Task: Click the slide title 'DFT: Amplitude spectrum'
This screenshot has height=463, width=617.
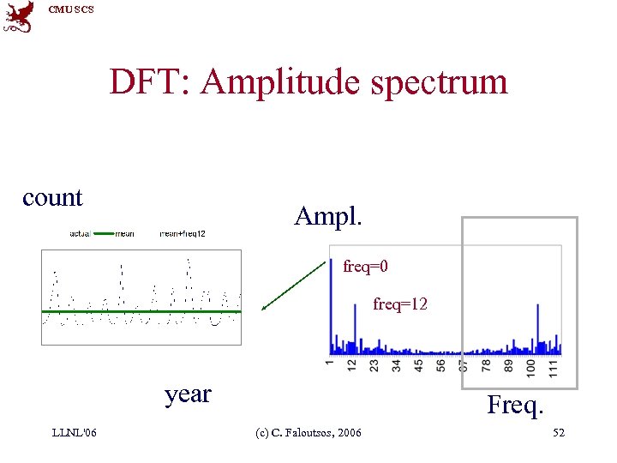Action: click(x=308, y=82)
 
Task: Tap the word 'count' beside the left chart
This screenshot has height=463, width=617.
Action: click(x=52, y=197)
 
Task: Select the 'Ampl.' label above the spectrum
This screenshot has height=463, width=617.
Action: click(x=327, y=215)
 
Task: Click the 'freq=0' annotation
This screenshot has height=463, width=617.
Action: click(x=366, y=267)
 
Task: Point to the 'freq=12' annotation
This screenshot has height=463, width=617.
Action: click(x=400, y=304)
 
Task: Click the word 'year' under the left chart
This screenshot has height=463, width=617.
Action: click(x=188, y=394)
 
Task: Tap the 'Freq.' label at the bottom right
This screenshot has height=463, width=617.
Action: click(x=515, y=404)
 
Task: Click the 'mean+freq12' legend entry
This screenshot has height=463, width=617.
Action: click(x=183, y=233)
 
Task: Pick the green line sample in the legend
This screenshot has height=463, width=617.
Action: click(x=103, y=233)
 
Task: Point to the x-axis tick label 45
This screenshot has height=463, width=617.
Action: click(x=419, y=367)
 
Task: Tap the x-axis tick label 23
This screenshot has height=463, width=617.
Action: click(x=374, y=367)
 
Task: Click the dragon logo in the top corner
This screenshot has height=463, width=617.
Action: click(x=19, y=16)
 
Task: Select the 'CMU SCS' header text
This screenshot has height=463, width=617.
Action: click(x=71, y=9)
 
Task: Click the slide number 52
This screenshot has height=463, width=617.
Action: click(x=559, y=433)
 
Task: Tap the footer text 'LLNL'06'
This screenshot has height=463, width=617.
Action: click(x=75, y=432)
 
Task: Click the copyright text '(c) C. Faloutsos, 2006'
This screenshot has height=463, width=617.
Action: click(x=309, y=433)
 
